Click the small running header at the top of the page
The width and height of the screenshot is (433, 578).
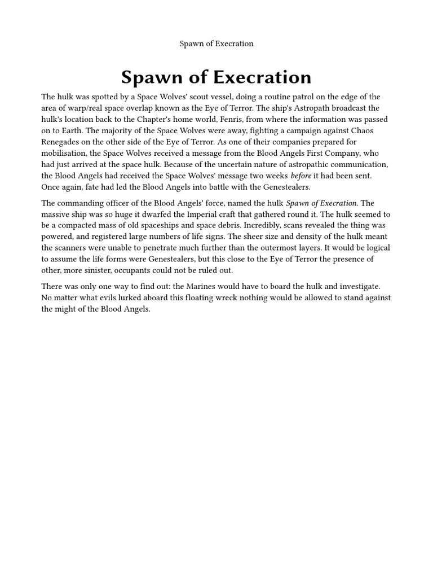click(x=216, y=43)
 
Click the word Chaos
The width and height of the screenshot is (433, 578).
click(x=361, y=131)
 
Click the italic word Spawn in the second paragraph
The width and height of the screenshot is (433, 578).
click(x=298, y=203)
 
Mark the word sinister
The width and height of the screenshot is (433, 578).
click(x=103, y=270)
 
